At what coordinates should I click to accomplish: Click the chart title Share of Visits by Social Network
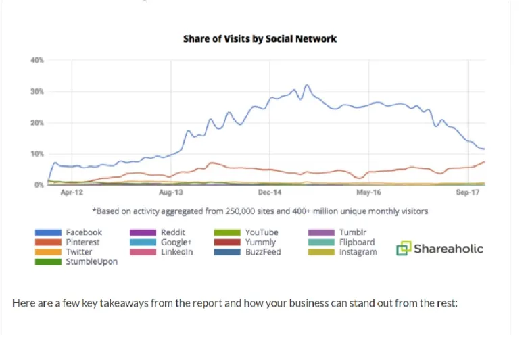(x=260, y=38)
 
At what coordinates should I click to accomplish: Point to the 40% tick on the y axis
(x=37, y=61)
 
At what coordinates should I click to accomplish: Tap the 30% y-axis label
(x=37, y=91)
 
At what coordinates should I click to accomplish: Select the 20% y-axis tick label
(x=37, y=123)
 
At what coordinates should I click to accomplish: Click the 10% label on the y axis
(x=37, y=154)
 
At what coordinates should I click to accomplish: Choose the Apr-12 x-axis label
(x=72, y=192)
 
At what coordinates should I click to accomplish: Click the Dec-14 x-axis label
(x=270, y=192)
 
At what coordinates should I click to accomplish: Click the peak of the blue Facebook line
(x=307, y=85)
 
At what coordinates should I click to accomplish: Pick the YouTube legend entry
(x=261, y=232)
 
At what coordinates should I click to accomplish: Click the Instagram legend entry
(x=358, y=252)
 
